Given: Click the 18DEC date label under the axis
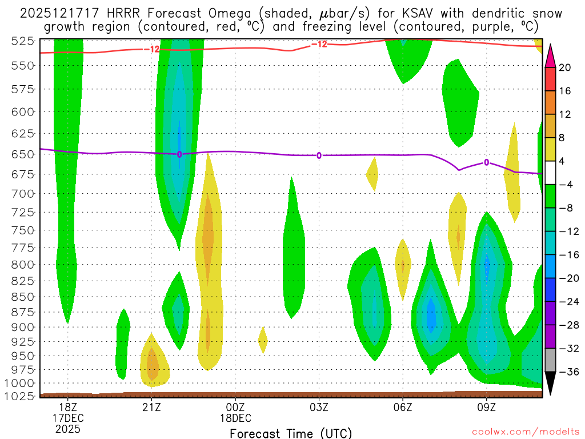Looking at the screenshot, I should coord(235,417).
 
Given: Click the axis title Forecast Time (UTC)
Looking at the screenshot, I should coord(291,433).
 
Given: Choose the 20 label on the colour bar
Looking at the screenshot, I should coord(565,67).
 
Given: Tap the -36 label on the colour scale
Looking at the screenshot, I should coord(567,372).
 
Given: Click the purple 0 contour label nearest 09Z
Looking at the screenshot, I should coord(486,162).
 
